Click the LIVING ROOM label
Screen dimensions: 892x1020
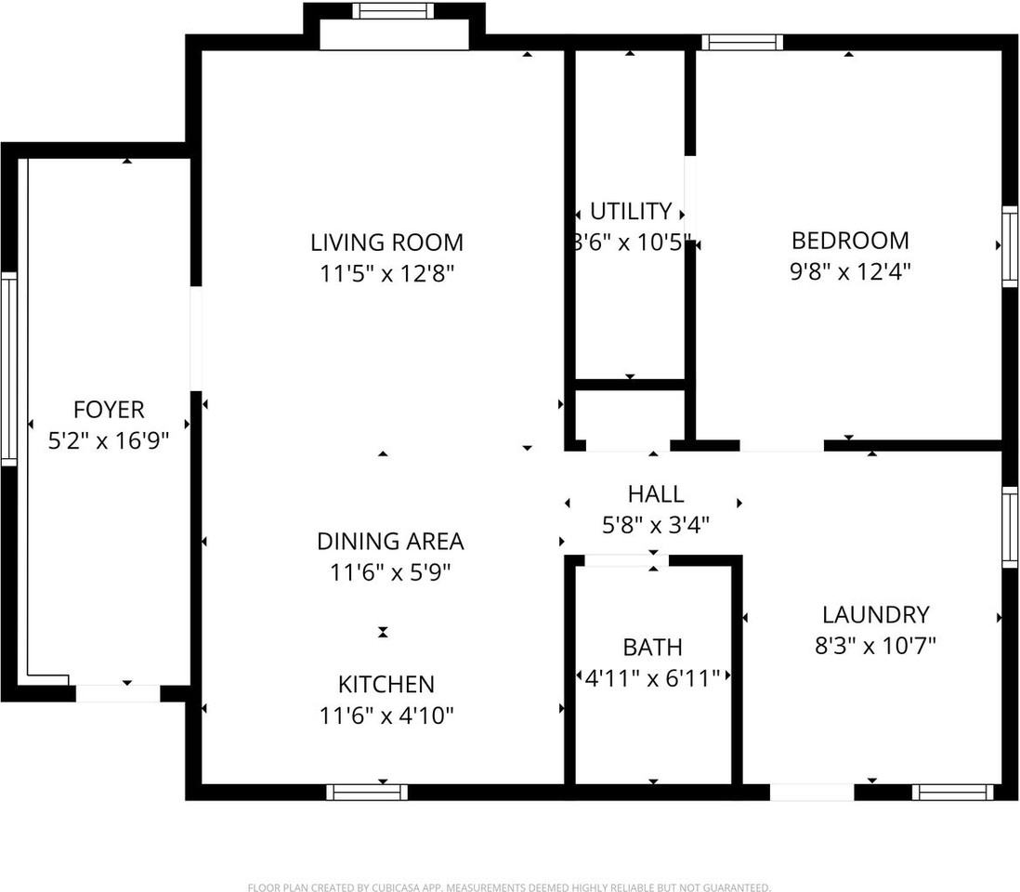point(386,243)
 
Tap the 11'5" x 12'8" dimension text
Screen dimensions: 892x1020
point(386,274)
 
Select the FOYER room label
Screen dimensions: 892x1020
point(109,410)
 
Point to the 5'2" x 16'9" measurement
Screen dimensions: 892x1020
point(109,439)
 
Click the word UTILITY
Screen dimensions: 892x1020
point(631,211)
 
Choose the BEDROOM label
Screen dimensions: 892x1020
point(850,241)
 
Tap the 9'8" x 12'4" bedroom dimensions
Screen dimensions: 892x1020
point(850,272)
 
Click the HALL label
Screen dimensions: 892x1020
point(655,493)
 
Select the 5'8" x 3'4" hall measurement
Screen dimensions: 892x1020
point(655,525)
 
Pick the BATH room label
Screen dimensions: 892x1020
point(652,647)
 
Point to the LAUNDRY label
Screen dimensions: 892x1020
point(875,614)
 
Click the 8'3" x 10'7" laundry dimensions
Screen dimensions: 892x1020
point(875,646)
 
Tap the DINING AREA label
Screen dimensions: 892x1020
point(390,541)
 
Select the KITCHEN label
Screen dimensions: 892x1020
point(386,685)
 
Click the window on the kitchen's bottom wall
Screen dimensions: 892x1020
point(367,792)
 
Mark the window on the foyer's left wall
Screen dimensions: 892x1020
point(8,369)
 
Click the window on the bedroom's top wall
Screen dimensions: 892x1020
point(741,42)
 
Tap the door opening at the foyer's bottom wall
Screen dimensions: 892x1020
point(118,693)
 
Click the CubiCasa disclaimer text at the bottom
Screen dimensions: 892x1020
point(509,887)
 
